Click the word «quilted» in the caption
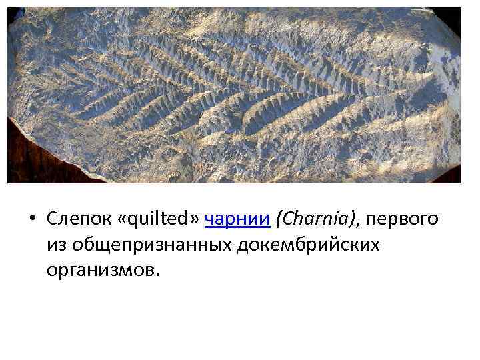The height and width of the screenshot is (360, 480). pos(158,219)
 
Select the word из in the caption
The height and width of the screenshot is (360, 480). pos(56,245)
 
